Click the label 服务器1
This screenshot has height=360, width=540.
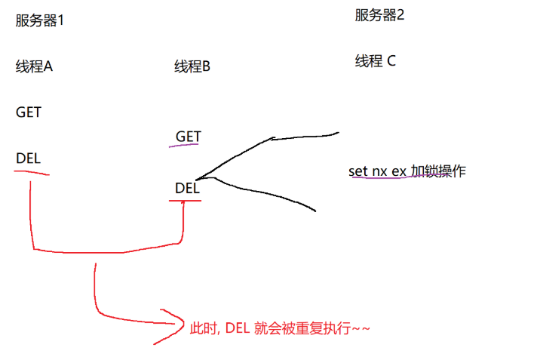point(40,20)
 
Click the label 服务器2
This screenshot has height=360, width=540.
point(379,15)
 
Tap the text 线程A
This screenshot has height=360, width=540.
point(34,66)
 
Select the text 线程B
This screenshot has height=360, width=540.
point(192,67)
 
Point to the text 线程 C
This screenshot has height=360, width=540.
point(375,61)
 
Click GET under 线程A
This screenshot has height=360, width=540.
point(29,112)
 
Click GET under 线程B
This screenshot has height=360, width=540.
point(188,137)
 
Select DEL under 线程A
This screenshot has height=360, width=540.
point(28,158)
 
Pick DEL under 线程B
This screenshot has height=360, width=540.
point(186,188)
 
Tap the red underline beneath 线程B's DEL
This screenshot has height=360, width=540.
point(186,201)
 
